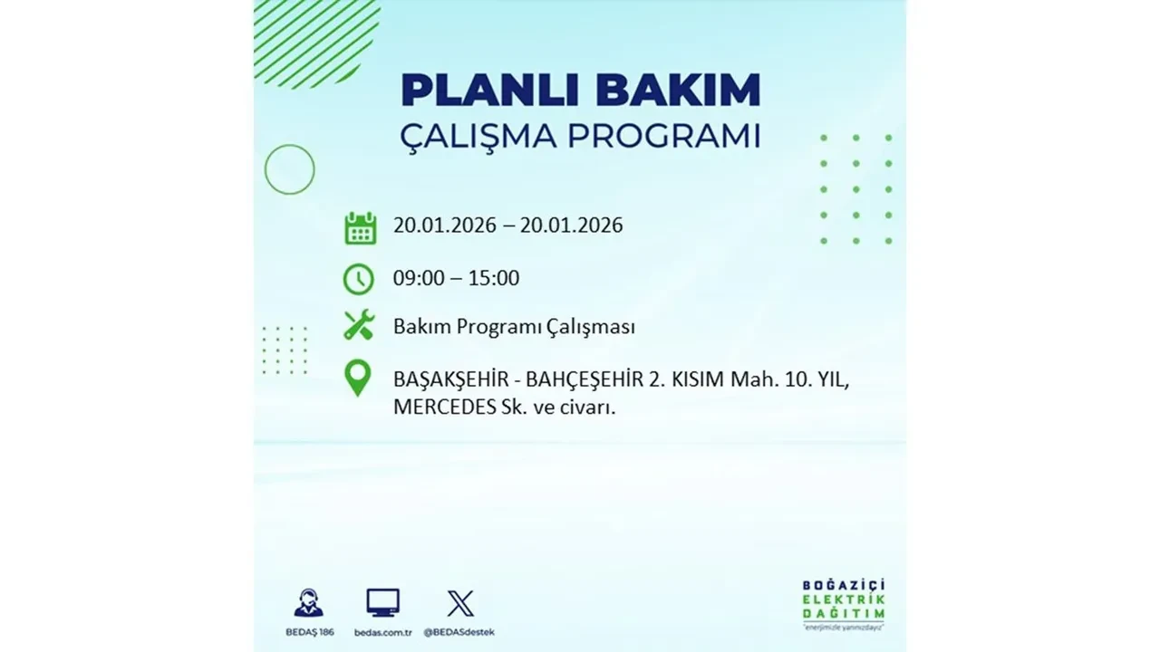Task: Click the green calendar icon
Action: pyautogui.click(x=360, y=227)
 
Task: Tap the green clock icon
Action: pyautogui.click(x=359, y=279)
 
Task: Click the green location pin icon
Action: pyautogui.click(x=359, y=379)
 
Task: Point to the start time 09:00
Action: pyautogui.click(x=419, y=278)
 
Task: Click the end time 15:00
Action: pyautogui.click(x=494, y=278)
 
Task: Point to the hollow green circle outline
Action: pyautogui.click(x=289, y=169)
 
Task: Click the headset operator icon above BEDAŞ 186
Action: pyautogui.click(x=308, y=603)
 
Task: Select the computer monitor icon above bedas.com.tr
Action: pyautogui.click(x=382, y=603)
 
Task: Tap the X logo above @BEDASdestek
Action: pyautogui.click(x=460, y=603)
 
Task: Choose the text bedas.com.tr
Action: pyautogui.click(x=382, y=631)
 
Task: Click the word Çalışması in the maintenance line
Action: pyautogui.click(x=592, y=327)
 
